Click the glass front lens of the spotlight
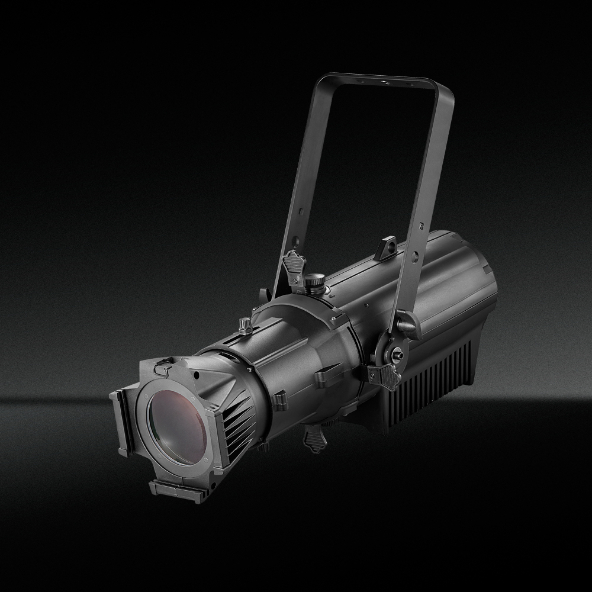(x=177, y=423)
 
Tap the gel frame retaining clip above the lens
(x=162, y=368)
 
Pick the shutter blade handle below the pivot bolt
(x=381, y=374)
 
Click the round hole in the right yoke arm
(x=415, y=256)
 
